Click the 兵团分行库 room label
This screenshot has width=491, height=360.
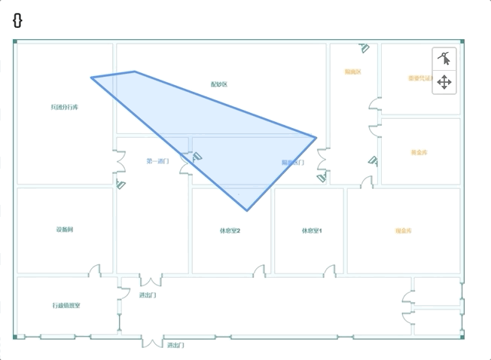coord(64,108)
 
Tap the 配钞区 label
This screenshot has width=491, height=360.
coord(218,84)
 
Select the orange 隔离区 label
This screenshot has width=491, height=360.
coord(353,72)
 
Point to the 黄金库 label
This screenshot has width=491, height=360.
coord(419,153)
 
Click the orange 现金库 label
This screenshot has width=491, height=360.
coord(404,230)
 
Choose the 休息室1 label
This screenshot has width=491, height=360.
coord(312,230)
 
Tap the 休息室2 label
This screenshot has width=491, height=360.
coord(230,230)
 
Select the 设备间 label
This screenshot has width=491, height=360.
coord(64,230)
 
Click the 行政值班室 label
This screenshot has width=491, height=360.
coord(66,306)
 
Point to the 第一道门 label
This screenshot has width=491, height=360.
coord(157,161)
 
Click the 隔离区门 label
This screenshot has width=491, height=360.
coord(293,163)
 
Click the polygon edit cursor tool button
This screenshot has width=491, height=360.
coord(444,59)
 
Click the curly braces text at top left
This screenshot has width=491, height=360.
coord(17,20)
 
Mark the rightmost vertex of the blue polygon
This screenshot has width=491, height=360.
coord(316,137)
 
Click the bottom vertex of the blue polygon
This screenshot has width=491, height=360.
coord(247,210)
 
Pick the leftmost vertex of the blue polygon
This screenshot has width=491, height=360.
coord(92,77)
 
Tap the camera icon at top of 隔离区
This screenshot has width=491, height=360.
coord(364,49)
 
